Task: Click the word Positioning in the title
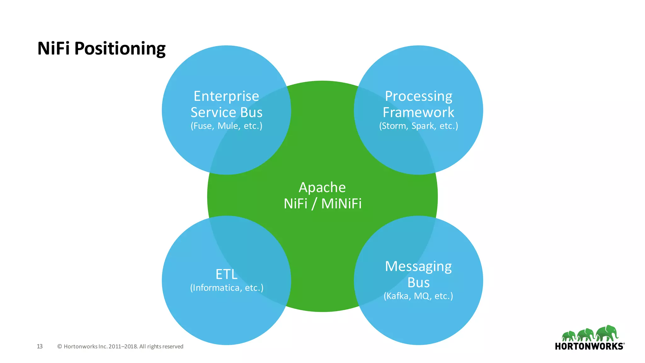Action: tap(120, 49)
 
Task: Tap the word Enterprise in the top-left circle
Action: tap(226, 96)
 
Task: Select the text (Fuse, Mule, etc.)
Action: tap(226, 126)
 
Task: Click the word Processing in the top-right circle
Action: tap(418, 96)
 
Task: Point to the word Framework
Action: tap(418, 112)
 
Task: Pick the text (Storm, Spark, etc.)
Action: tap(418, 126)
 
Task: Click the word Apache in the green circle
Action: tap(322, 187)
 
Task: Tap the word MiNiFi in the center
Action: tap(341, 204)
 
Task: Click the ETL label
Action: tap(226, 274)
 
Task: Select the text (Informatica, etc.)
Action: tap(226, 288)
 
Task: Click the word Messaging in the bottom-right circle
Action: tap(418, 267)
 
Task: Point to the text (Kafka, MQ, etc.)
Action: tap(418, 296)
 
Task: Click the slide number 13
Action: tap(40, 346)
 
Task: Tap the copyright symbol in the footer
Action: tap(60, 347)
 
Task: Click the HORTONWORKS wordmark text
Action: tap(589, 346)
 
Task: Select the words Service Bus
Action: tap(226, 112)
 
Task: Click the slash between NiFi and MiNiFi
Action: tap(314, 204)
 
